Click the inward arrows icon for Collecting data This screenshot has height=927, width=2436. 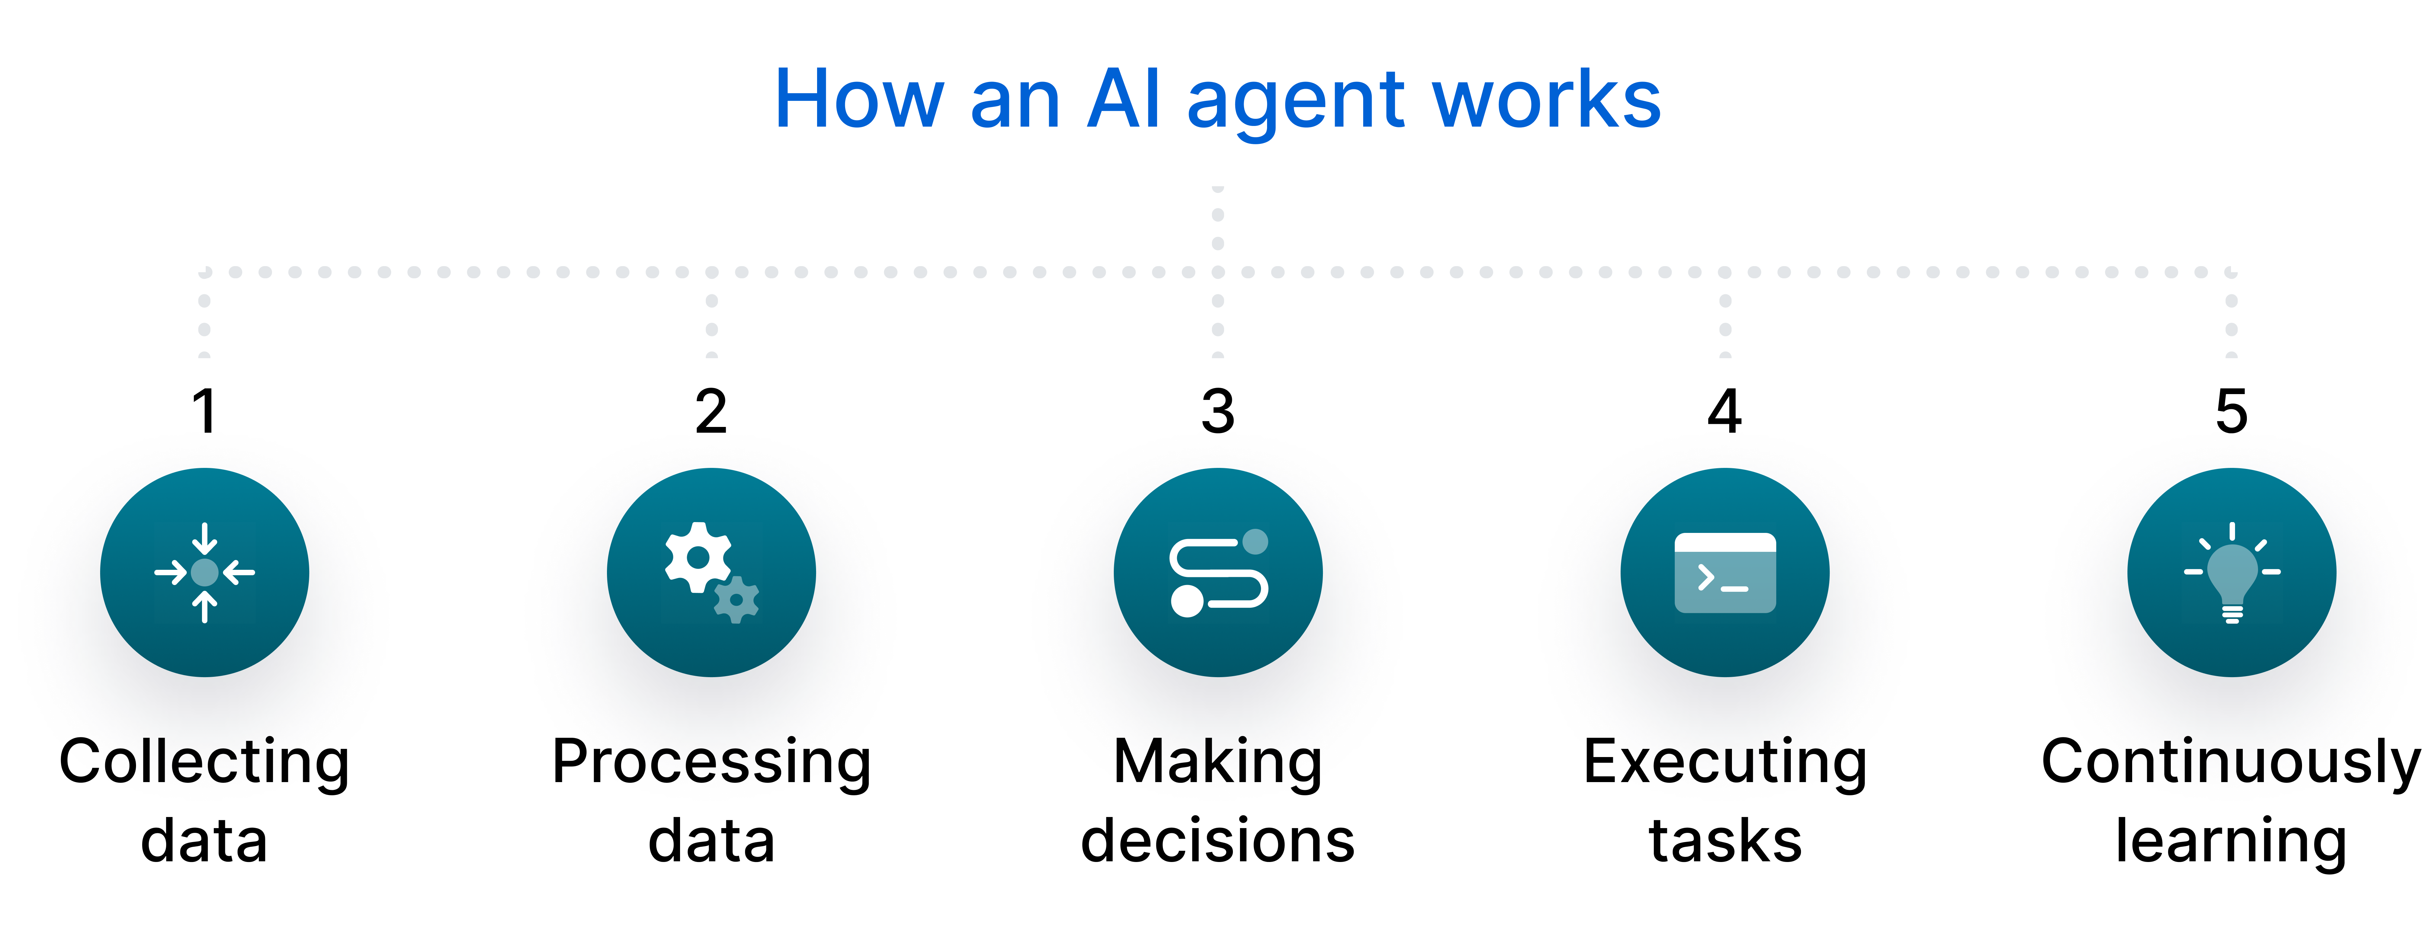point(204,572)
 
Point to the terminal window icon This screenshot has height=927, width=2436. point(1725,572)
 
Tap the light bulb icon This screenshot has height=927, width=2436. point(2232,572)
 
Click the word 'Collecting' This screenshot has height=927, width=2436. point(204,762)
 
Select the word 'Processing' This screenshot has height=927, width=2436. point(711,762)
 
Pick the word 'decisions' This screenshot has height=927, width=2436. point(1218,840)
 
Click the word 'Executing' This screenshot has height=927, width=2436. point(1725,762)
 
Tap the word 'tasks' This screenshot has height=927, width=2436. point(1725,840)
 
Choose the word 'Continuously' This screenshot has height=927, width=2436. point(2232,762)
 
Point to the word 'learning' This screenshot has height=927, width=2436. point(2232,840)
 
